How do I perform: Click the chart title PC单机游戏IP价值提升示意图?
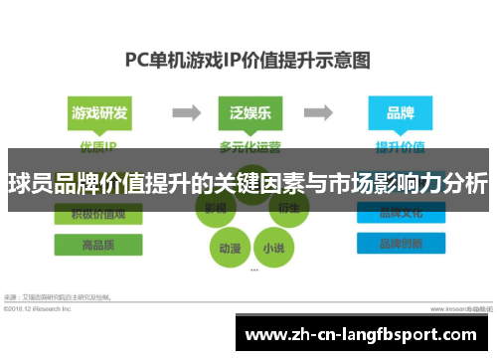click(248, 59)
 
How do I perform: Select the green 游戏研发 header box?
click(99, 112)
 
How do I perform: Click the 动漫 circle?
click(228, 247)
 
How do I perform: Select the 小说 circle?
click(270, 247)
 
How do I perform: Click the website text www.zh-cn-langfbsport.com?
click(367, 336)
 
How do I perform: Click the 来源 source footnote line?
click(60, 297)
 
